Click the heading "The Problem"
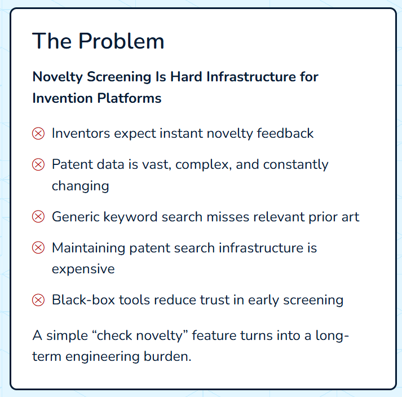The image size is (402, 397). [98, 41]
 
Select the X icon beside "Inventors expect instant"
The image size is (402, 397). [38, 134]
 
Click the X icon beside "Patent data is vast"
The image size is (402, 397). [38, 165]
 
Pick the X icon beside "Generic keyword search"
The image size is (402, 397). [38, 217]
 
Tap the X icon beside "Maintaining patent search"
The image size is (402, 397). [38, 248]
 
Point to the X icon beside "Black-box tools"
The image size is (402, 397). [38, 300]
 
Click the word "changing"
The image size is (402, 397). [80, 186]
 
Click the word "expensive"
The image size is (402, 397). [83, 269]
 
